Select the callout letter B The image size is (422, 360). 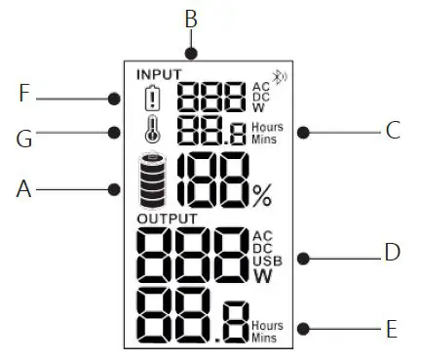[x=191, y=18]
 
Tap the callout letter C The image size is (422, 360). [x=393, y=131]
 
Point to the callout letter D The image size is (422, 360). [x=392, y=253]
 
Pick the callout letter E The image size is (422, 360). [x=392, y=329]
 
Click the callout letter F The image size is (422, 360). [x=27, y=95]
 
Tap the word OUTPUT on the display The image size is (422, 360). [x=167, y=218]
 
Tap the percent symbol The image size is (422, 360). [x=261, y=196]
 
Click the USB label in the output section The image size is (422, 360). [x=264, y=260]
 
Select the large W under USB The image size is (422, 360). [x=263, y=276]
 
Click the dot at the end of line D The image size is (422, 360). [x=305, y=258]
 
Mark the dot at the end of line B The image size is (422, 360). [x=193, y=54]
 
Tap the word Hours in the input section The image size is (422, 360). [x=266, y=128]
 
